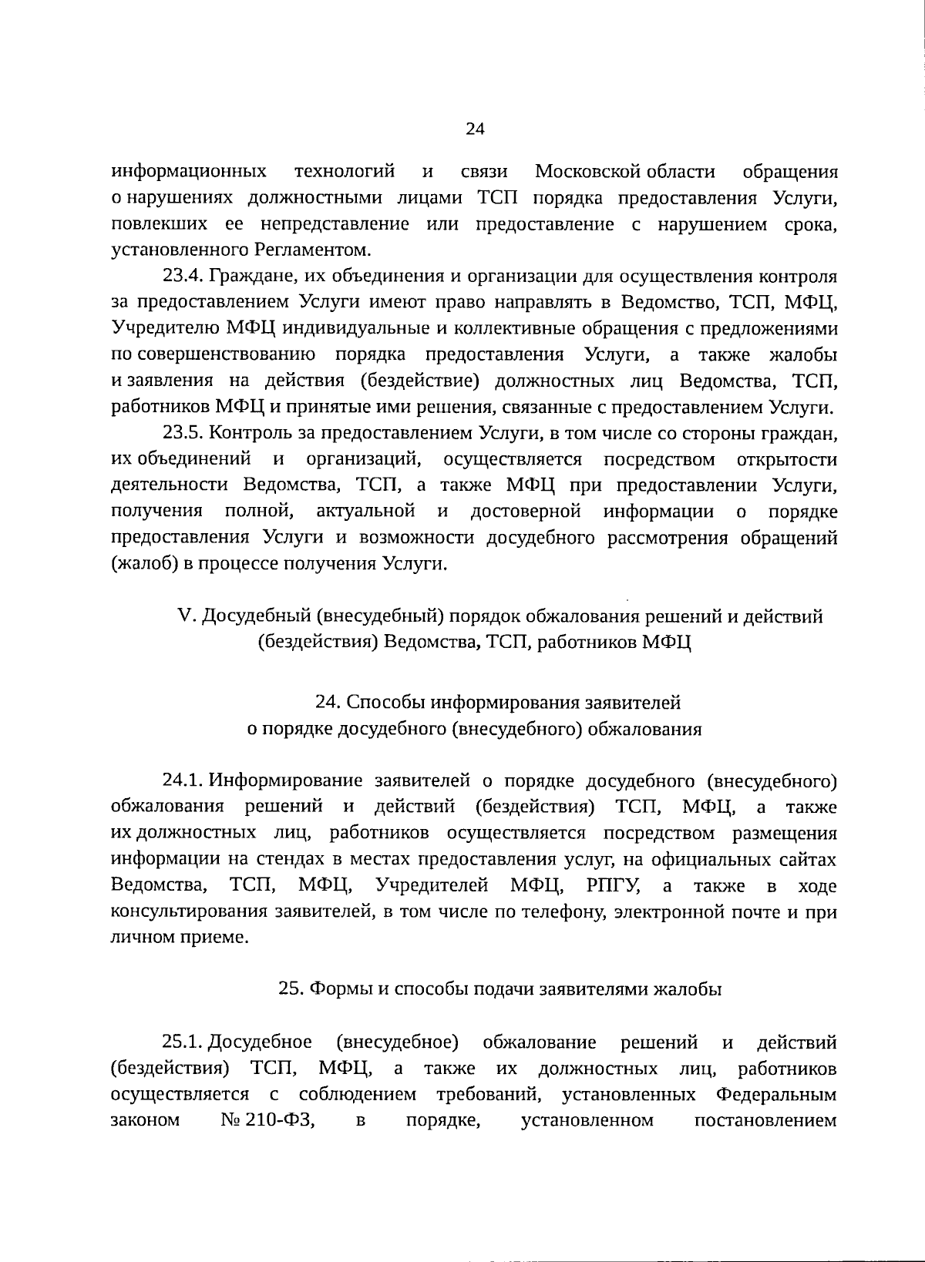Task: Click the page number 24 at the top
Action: pyautogui.click(x=474, y=129)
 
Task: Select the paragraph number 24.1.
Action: pyautogui.click(x=183, y=780)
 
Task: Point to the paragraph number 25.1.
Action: pyautogui.click(x=183, y=1042)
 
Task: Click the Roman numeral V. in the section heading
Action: pyautogui.click(x=187, y=616)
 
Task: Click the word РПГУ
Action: pyautogui.click(x=614, y=886)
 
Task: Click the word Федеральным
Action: pyautogui.click(x=776, y=1095)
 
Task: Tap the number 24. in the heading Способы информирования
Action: pyautogui.click(x=328, y=703)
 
